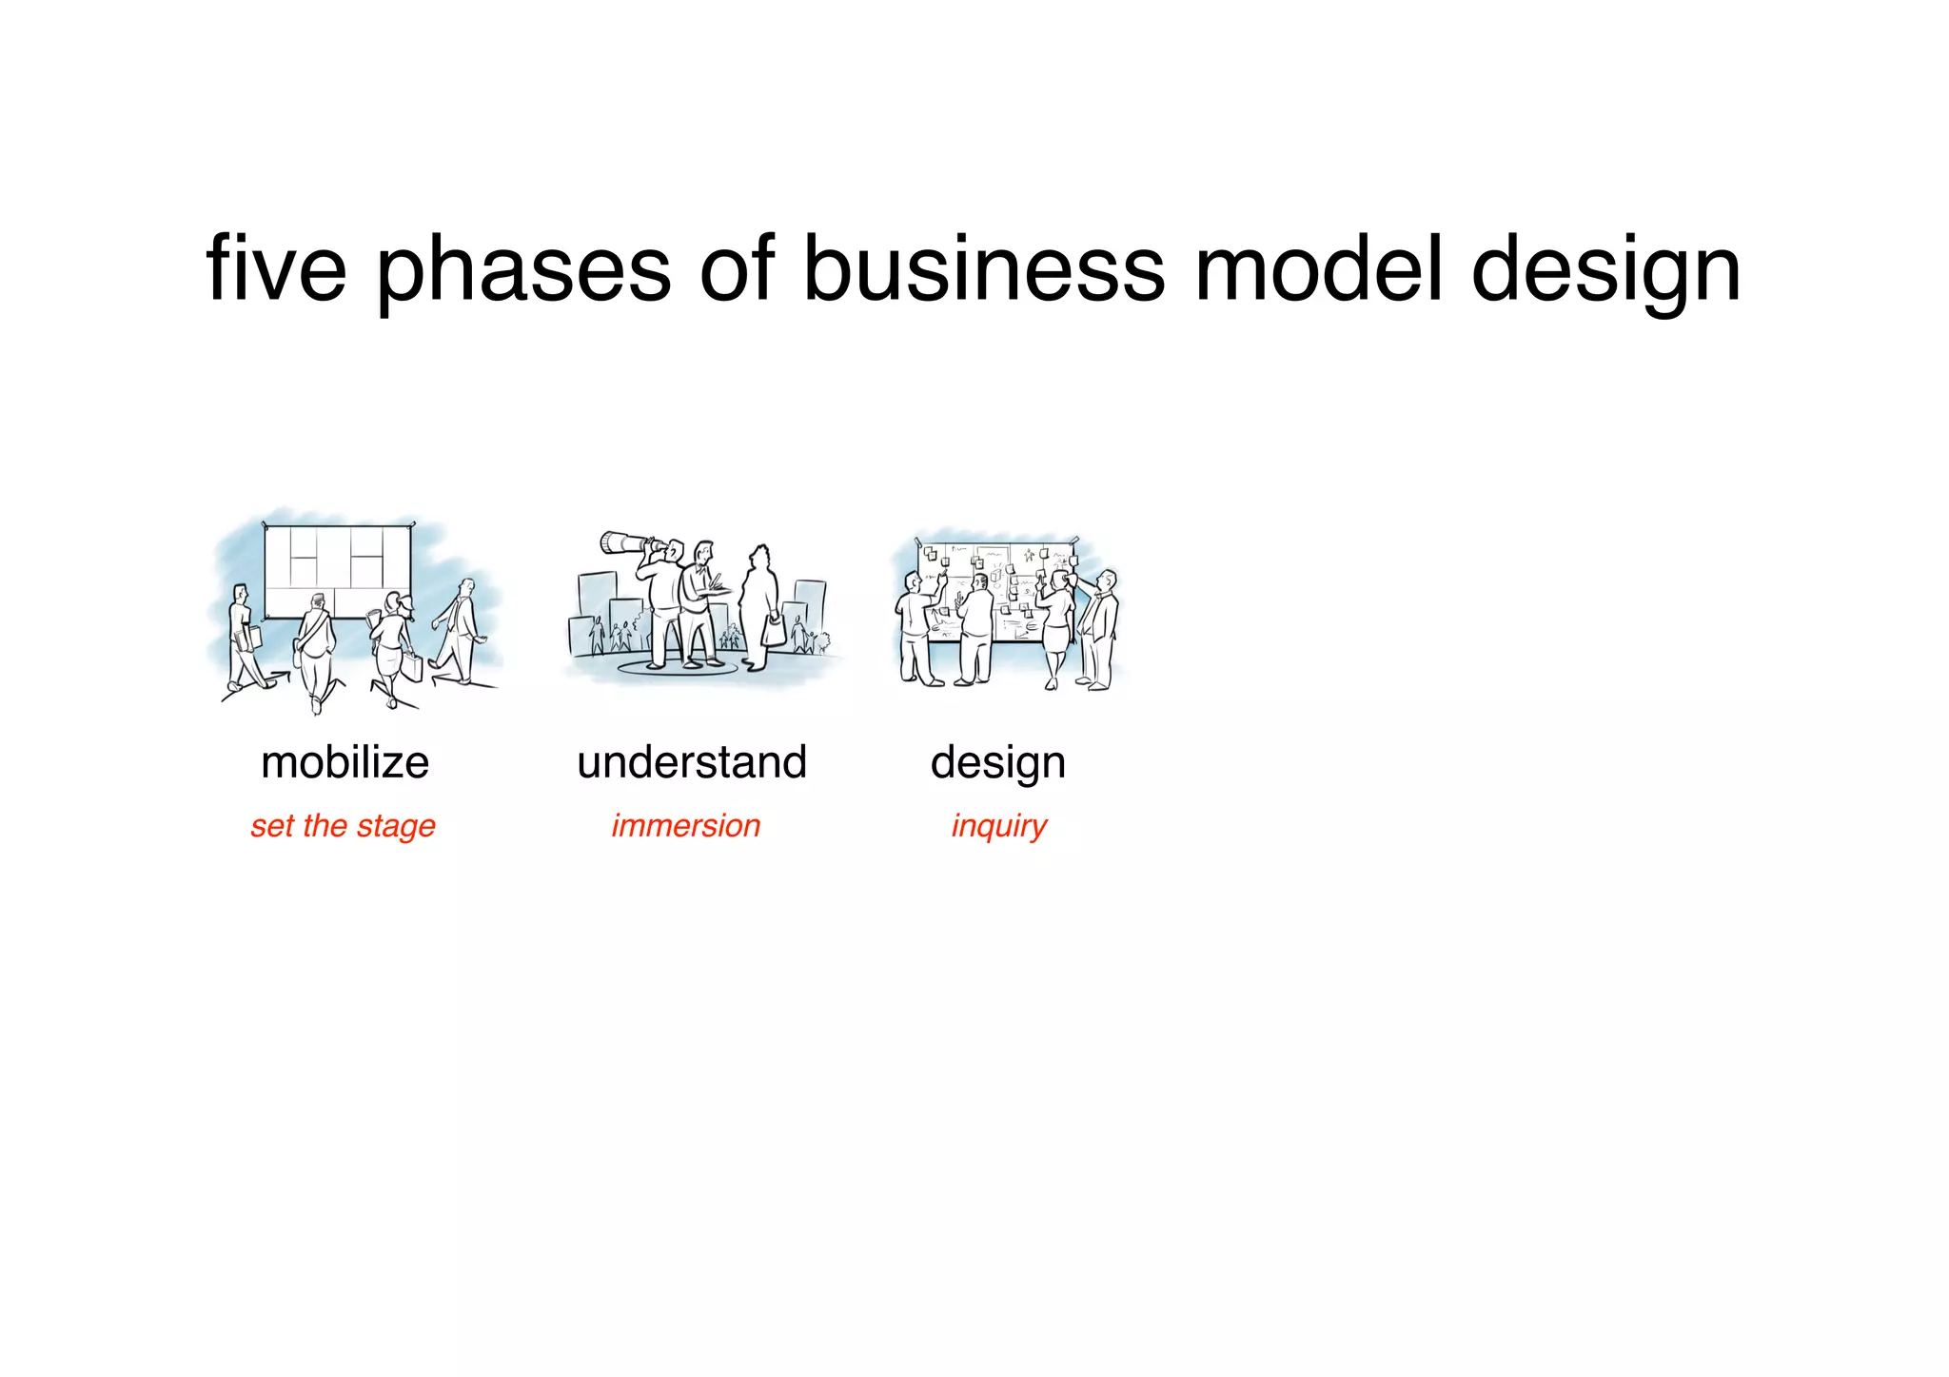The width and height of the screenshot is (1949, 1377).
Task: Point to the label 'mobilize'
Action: click(x=345, y=762)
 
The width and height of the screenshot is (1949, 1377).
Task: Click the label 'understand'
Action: click(x=692, y=762)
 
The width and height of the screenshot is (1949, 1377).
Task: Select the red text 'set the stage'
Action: click(x=343, y=826)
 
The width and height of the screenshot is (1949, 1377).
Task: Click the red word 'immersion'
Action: click(x=685, y=825)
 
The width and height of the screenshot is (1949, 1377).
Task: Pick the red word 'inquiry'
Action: click(x=998, y=826)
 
